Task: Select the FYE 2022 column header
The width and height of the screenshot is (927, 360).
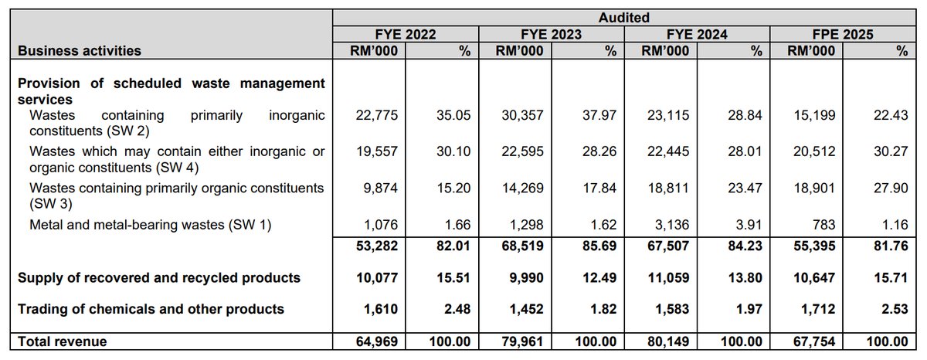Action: click(406, 34)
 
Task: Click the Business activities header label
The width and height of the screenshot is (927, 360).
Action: click(79, 51)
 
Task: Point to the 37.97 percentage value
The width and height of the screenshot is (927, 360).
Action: click(599, 116)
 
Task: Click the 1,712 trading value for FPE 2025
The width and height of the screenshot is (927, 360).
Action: click(813, 309)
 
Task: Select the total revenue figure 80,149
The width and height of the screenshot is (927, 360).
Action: click(664, 341)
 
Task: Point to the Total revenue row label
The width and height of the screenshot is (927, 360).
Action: click(62, 341)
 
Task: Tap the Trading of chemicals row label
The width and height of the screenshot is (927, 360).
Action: click(151, 309)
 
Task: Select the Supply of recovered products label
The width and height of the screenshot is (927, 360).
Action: click(158, 277)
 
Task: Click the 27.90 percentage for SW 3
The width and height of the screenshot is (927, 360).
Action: click(891, 188)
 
